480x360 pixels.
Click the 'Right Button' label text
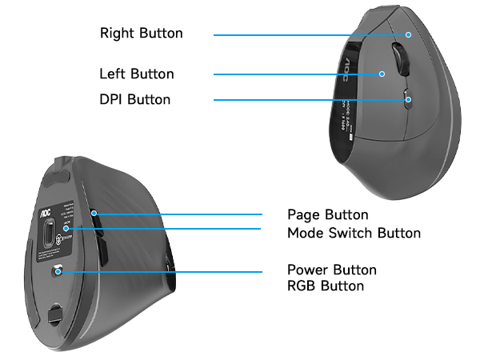[x=141, y=34]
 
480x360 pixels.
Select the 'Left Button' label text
[x=137, y=74]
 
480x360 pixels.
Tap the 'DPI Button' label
[x=134, y=100]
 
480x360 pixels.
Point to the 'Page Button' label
[x=328, y=214]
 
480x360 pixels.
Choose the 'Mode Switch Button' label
[x=354, y=233]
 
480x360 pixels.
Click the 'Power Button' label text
[x=331, y=270]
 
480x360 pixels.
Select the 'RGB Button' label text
[x=326, y=286]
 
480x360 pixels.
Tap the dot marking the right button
[x=408, y=34]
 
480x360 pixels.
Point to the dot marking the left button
[x=382, y=74]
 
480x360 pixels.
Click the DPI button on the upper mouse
[x=406, y=100]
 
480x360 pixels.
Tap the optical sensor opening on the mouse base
[x=50, y=235]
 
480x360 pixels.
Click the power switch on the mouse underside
[x=58, y=272]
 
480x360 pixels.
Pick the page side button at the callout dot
[x=94, y=214]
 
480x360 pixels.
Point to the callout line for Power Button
[x=160, y=272]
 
